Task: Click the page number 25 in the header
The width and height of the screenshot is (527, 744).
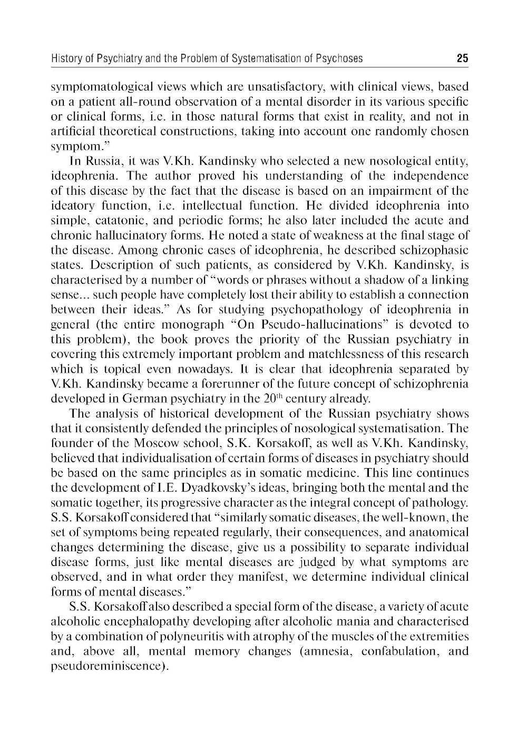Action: click(462, 58)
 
